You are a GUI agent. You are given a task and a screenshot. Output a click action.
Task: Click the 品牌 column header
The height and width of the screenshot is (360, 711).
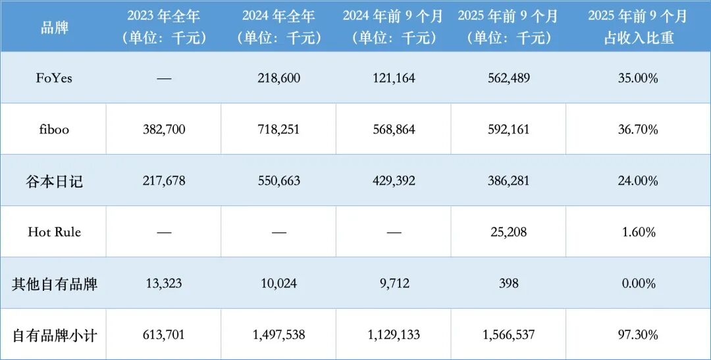click(54, 27)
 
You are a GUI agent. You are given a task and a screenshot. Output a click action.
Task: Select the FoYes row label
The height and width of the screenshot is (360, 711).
click(54, 78)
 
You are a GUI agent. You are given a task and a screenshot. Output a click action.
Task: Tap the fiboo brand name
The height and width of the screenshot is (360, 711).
click(54, 130)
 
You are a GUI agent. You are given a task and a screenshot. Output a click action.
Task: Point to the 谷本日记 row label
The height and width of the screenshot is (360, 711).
click(54, 181)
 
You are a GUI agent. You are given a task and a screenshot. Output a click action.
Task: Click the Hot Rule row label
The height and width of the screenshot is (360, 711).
click(54, 232)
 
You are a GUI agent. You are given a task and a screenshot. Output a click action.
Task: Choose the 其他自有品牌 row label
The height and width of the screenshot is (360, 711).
click(54, 284)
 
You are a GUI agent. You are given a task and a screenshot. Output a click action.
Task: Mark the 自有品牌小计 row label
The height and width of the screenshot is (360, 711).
click(54, 335)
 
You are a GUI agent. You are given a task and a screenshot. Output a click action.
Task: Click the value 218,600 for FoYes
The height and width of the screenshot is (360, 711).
click(278, 78)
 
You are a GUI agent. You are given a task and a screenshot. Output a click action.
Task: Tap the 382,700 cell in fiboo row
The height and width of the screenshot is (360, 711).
click(164, 130)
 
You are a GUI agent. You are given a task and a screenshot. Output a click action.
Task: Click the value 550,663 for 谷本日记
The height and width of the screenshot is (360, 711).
click(278, 181)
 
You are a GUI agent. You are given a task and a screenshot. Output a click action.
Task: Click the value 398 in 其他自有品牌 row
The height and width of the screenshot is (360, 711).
click(508, 284)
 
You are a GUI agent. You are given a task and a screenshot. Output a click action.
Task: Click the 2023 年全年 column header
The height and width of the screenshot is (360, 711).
click(164, 27)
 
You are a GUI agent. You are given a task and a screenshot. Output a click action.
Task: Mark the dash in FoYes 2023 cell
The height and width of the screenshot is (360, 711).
click(164, 78)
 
